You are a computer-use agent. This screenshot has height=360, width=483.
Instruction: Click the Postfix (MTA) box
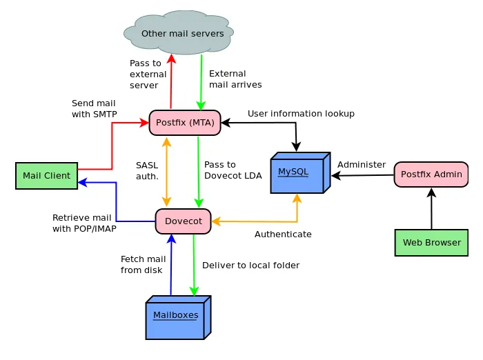click(x=185, y=123)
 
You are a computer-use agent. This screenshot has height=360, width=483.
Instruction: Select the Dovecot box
click(x=184, y=221)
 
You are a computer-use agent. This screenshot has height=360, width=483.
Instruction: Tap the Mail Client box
click(x=46, y=176)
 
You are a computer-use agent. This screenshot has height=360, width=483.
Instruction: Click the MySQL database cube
click(x=300, y=173)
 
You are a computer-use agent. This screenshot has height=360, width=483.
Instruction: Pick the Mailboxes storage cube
click(x=178, y=317)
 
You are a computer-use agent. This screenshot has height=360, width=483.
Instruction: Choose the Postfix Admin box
click(x=431, y=174)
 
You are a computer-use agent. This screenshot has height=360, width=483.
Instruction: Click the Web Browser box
click(x=431, y=242)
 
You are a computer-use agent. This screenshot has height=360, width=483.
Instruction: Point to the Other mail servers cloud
click(x=179, y=32)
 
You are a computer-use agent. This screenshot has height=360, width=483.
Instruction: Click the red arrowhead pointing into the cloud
click(x=171, y=59)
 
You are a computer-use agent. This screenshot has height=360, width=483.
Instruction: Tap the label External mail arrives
click(x=235, y=79)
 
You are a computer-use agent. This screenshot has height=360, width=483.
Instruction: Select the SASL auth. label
click(x=147, y=170)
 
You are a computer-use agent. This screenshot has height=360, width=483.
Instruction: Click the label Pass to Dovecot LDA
click(x=233, y=170)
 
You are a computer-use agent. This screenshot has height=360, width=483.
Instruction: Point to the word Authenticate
click(x=283, y=234)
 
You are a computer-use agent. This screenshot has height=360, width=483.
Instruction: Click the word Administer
click(x=362, y=164)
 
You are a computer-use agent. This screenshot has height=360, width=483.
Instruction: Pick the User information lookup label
click(x=301, y=114)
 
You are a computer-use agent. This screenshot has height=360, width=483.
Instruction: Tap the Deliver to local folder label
click(x=250, y=265)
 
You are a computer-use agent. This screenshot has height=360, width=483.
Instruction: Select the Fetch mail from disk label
click(x=144, y=265)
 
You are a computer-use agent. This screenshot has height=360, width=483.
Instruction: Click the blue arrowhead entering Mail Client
click(x=83, y=182)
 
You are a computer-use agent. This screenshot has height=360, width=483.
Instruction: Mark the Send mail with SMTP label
click(x=95, y=109)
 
